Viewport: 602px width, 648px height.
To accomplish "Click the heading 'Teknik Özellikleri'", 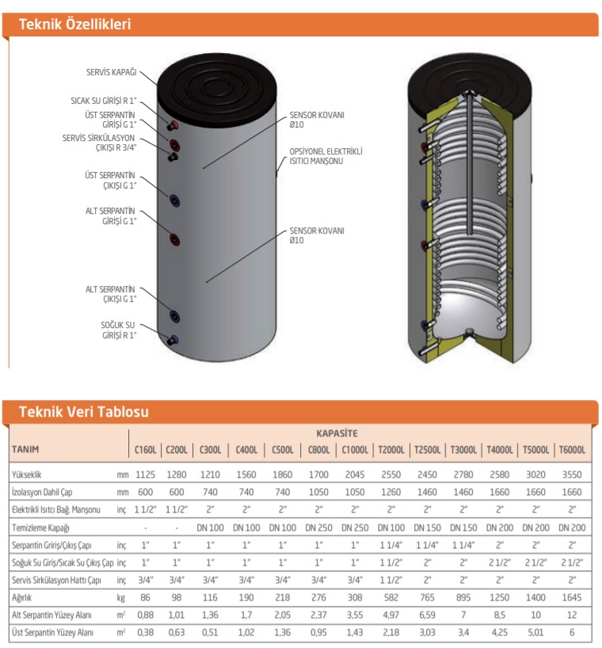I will [74, 24].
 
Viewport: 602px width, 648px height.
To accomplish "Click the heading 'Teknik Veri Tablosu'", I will [82, 412].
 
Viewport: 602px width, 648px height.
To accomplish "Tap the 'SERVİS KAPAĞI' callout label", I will [112, 72].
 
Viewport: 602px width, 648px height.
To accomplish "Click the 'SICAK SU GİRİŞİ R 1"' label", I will [103, 101].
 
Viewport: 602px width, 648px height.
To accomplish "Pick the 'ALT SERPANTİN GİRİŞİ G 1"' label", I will [111, 216].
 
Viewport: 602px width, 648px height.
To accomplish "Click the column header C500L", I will [282, 450].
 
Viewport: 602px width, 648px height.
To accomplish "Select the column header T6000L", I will [572, 450].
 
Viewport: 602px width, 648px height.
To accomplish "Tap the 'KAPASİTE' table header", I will [337, 433].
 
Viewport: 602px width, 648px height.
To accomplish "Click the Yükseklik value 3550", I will [572, 475].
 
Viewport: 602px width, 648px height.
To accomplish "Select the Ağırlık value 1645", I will [572, 598].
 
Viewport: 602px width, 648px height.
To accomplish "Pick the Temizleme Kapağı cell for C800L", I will [318, 527].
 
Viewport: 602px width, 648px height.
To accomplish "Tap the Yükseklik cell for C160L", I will [146, 475].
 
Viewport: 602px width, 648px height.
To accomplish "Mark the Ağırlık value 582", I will [391, 598].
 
